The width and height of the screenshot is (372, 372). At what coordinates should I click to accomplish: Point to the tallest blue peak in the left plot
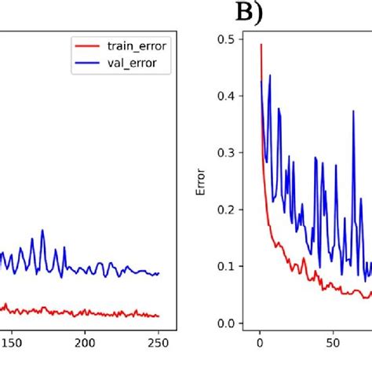[x=42, y=230]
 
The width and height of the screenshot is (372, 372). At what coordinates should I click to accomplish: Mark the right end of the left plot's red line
[x=159, y=316]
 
